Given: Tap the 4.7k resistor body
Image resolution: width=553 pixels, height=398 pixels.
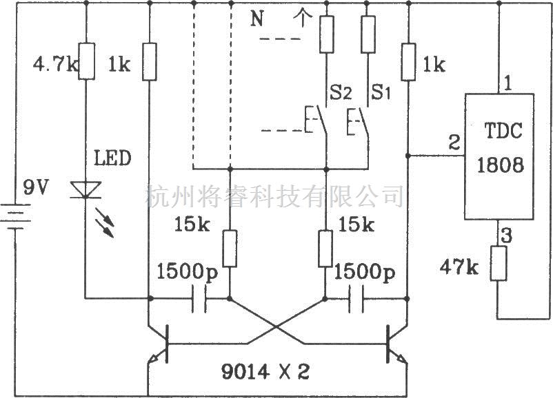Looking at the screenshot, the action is [86, 61].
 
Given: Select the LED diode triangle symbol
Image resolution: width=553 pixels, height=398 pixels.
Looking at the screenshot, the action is [86, 190].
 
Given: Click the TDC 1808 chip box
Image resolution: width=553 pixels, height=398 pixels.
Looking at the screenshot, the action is [499, 157].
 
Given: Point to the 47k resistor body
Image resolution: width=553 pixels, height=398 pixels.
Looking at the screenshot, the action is [499, 263].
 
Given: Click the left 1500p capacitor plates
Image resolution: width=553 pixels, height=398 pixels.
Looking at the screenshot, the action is [199, 299].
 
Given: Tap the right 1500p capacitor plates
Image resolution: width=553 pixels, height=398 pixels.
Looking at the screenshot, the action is [356, 299].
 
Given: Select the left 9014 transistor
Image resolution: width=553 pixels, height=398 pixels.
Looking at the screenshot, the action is [159, 344].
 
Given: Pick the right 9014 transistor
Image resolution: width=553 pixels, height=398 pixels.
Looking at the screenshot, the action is [396, 344].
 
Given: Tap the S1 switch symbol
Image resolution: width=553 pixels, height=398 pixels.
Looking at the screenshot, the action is [359, 121].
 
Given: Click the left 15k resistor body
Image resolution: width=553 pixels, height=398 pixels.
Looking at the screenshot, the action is [230, 249].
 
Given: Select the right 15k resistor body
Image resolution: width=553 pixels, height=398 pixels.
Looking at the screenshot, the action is [325, 249].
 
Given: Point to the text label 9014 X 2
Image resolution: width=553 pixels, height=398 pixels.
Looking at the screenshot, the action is [265, 371].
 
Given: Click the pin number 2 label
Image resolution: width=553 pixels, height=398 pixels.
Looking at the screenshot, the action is [454, 143].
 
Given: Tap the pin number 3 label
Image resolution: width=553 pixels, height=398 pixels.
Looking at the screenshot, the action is [507, 235].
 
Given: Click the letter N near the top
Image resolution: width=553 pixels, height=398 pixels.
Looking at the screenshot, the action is [257, 19].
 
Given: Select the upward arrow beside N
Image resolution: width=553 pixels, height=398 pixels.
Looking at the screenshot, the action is [303, 19].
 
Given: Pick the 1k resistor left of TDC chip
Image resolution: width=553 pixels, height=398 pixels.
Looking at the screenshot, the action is [408, 62].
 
